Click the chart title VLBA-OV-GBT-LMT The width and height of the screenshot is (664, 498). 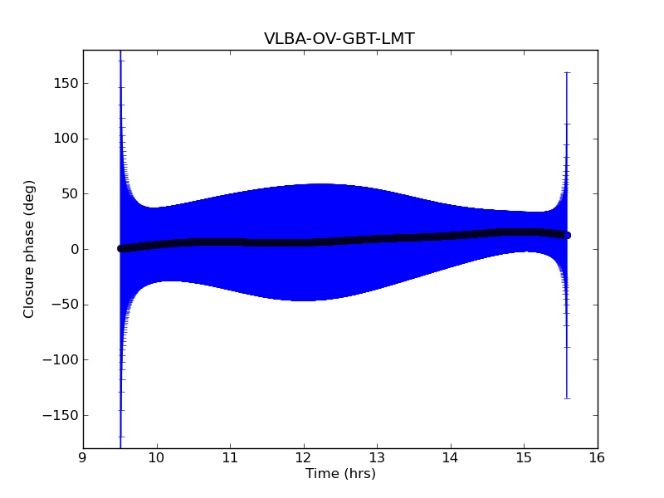(x=339, y=38)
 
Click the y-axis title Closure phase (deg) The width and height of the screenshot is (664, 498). (x=30, y=249)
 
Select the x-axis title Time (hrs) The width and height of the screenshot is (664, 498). (x=340, y=474)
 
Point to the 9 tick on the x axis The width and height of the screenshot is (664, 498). (x=83, y=456)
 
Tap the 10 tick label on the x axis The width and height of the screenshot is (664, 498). (x=156, y=456)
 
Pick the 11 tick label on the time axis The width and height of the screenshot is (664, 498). (x=230, y=456)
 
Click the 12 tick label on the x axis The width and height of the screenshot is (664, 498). (x=303, y=456)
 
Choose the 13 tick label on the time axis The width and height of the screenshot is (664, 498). (x=377, y=456)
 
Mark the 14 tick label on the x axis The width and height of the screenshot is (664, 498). (x=450, y=456)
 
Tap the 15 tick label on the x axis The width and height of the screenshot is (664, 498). (x=524, y=456)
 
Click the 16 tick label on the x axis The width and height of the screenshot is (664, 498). (x=597, y=456)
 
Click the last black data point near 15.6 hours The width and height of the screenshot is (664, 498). (x=567, y=236)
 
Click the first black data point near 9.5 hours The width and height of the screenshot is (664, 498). (x=120, y=248)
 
